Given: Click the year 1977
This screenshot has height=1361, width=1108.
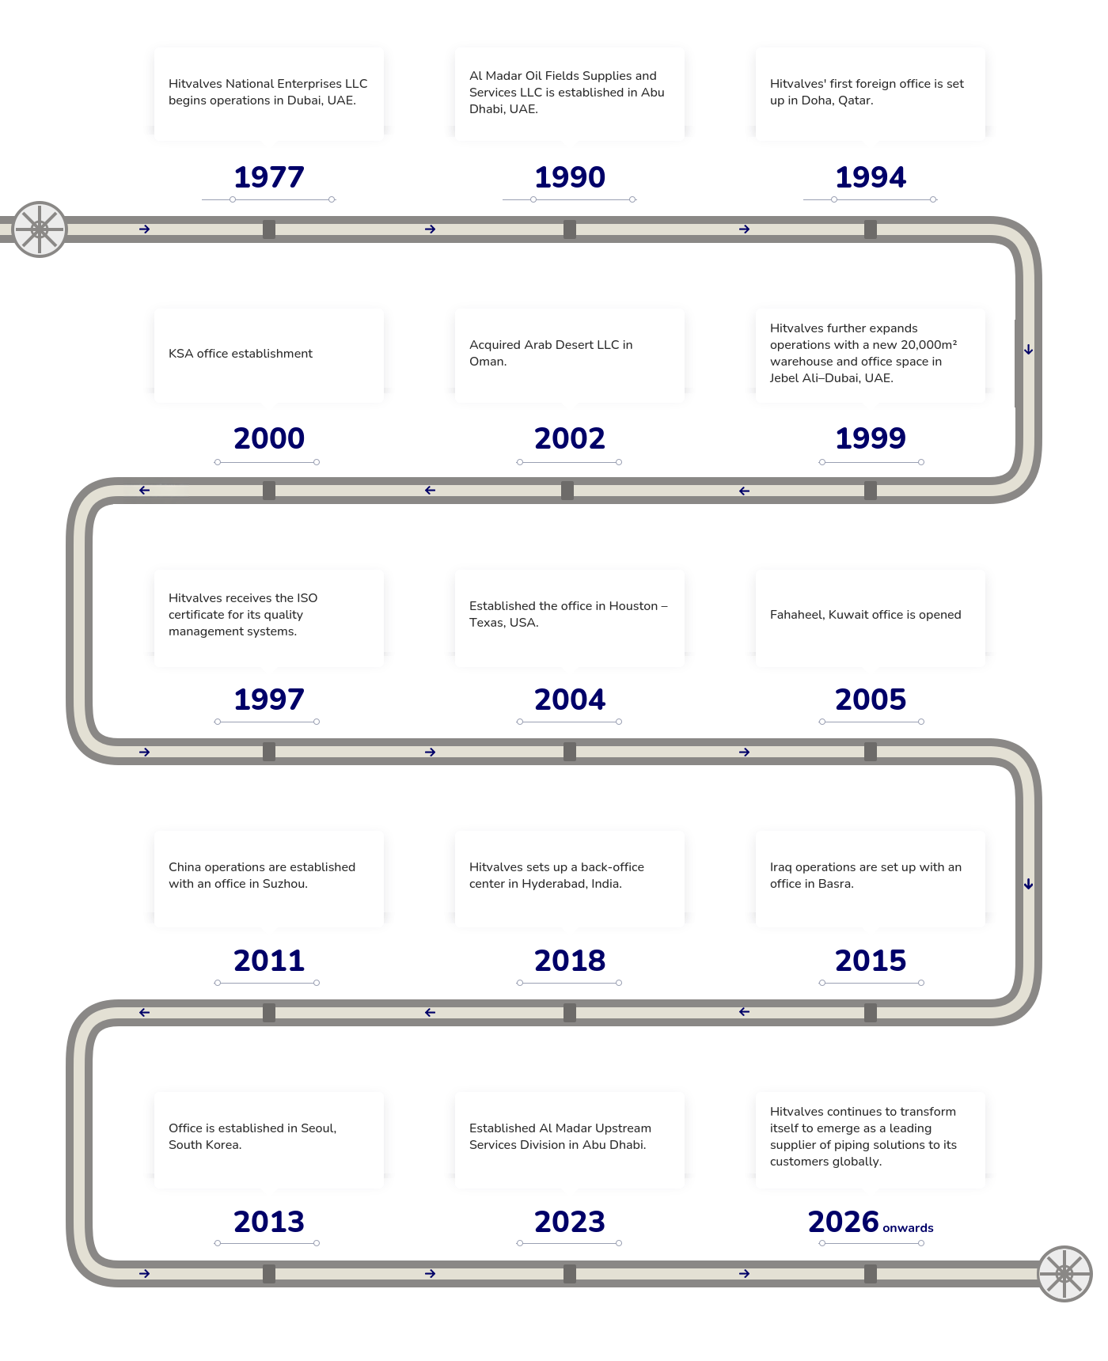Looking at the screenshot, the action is (x=269, y=177).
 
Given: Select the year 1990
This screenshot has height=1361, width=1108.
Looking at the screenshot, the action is (x=570, y=177).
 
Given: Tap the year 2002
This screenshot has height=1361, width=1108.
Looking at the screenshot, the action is (x=570, y=438).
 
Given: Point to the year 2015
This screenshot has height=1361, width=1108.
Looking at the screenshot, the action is (x=871, y=961).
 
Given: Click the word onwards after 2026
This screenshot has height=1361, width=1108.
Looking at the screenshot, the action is (x=908, y=1228).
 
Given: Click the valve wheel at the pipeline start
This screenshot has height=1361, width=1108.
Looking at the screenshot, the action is (x=39, y=229).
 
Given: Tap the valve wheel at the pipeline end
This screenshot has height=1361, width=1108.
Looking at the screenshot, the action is (x=1064, y=1274).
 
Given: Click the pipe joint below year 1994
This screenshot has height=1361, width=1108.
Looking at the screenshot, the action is (x=871, y=229).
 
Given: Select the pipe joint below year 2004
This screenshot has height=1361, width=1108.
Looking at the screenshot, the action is (x=570, y=752).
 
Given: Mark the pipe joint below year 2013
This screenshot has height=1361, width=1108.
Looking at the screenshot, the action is (x=269, y=1274).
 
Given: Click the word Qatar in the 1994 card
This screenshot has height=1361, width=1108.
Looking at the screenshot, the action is (x=855, y=100).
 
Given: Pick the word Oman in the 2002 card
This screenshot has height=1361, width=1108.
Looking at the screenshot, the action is (x=488, y=362).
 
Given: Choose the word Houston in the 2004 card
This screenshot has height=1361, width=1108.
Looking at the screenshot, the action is (x=633, y=606).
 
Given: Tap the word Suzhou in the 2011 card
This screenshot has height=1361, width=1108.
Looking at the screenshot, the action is (x=285, y=884).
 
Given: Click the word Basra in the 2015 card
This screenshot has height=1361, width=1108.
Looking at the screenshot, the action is (x=836, y=884).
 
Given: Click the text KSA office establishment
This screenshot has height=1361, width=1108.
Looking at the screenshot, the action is (x=241, y=354).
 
